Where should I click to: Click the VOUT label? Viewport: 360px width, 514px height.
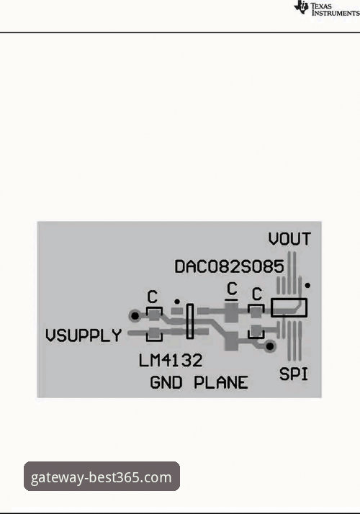pos(289,239)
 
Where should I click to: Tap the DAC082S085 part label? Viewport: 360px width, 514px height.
pos(229,266)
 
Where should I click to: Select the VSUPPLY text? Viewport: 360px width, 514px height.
pos(84,335)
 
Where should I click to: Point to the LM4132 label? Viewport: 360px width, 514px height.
pos(171,361)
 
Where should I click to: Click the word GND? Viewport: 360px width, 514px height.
pos(166,382)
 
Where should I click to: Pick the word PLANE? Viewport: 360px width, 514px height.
pos(221,382)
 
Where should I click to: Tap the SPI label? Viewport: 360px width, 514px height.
pos(294,374)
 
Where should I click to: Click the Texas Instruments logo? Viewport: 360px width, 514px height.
pos(327,9)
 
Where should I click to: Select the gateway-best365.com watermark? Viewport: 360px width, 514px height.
pos(102,477)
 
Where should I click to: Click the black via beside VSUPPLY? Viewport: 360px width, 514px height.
pos(135,316)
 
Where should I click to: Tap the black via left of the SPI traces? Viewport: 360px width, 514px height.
pos(270,346)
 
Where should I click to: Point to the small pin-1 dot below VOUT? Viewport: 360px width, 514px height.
pos(307,286)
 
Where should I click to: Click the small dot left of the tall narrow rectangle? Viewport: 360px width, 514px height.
pos(177,301)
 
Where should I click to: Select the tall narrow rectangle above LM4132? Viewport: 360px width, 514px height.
pos(190,321)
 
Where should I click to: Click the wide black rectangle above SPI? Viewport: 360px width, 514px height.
pos(289,307)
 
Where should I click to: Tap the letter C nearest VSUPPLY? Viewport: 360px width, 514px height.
pos(153,297)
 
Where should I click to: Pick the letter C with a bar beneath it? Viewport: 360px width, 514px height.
pos(232,289)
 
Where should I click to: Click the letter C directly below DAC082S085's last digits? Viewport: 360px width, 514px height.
pos(257,294)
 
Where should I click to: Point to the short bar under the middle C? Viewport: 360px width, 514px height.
pos(231,299)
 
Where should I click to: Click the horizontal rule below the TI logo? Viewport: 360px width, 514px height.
pos(180,32)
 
